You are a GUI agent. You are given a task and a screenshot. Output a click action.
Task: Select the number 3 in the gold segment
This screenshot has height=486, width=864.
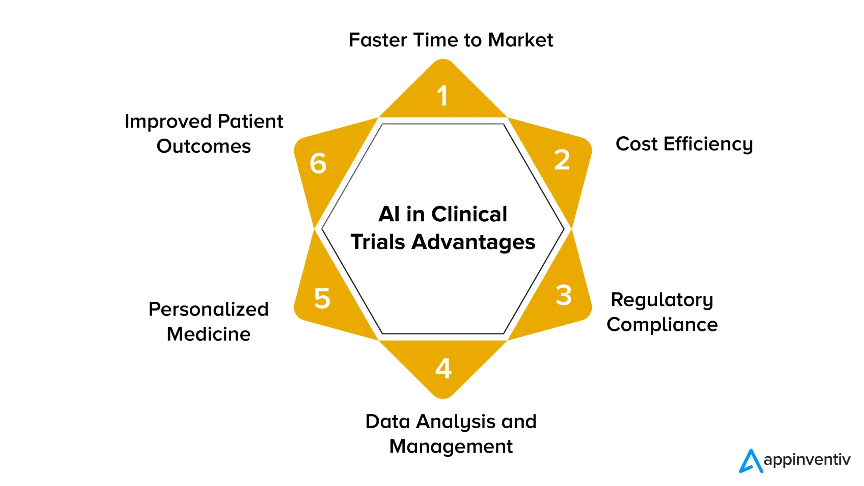point(564,295)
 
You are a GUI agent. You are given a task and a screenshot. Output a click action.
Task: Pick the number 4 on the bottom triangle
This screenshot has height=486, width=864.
point(443,369)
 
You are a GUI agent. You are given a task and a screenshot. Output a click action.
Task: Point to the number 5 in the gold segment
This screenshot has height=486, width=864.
point(322,298)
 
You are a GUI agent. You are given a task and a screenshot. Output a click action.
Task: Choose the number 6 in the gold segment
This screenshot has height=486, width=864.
point(318,164)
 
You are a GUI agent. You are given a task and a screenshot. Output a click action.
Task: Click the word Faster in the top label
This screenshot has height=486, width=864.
point(378,40)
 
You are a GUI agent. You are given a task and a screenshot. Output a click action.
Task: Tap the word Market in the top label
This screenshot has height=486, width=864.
point(520,40)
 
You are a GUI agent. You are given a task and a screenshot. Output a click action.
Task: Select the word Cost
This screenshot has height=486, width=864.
point(637,144)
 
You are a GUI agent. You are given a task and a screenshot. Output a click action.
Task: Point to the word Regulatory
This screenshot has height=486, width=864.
point(662,300)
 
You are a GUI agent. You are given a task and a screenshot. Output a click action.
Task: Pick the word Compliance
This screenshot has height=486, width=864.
point(662,325)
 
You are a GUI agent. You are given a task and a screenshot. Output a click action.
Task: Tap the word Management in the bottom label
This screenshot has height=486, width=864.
point(451,447)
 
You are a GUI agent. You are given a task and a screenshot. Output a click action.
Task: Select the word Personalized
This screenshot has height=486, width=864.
point(209,309)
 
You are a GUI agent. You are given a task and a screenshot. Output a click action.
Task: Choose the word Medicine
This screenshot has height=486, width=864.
point(209,334)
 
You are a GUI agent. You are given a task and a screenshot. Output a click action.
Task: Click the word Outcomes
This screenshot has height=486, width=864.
point(204,146)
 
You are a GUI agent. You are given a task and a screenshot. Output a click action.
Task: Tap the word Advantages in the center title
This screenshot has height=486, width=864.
point(473,243)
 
